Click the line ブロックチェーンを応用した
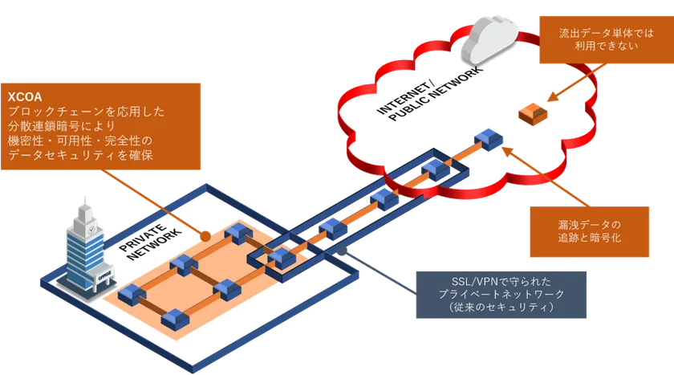click(x=87, y=112)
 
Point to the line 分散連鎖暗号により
click(x=63, y=127)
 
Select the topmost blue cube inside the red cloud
click(x=487, y=137)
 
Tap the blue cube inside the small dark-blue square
click(x=282, y=257)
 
